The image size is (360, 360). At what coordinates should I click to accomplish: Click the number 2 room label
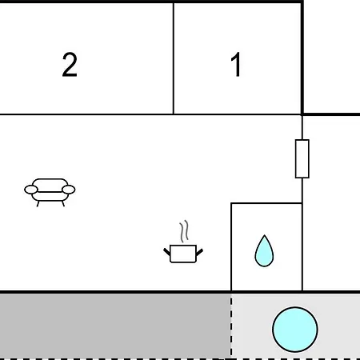tap(70, 65)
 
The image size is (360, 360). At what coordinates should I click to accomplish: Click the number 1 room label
tap(236, 64)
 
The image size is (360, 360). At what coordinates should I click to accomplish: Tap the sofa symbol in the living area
tap(50, 192)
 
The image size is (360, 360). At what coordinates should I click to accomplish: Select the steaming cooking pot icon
tap(183, 242)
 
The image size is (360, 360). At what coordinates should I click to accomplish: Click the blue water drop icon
tap(264, 251)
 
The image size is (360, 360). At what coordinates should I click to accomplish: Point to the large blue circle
tap(295, 330)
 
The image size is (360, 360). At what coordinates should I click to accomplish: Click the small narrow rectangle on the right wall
tap(302, 158)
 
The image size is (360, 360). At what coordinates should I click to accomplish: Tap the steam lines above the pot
tap(184, 231)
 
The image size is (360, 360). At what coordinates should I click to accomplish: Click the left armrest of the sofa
tap(31, 190)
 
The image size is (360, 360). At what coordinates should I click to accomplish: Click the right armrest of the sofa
tap(69, 190)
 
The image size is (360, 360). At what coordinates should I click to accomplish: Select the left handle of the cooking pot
tap(167, 252)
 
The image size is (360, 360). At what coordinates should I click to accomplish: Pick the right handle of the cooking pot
tap(199, 252)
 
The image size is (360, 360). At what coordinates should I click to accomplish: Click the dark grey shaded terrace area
tap(115, 326)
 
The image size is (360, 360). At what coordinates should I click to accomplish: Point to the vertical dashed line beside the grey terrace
tap(231, 326)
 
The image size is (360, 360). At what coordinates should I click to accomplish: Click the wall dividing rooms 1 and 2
tap(174, 58)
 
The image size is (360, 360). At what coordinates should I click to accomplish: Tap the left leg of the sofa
tap(38, 204)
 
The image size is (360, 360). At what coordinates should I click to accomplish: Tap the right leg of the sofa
tap(63, 204)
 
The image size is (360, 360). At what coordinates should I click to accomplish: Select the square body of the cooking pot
tap(183, 254)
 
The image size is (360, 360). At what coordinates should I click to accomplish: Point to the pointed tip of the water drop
tap(264, 235)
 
